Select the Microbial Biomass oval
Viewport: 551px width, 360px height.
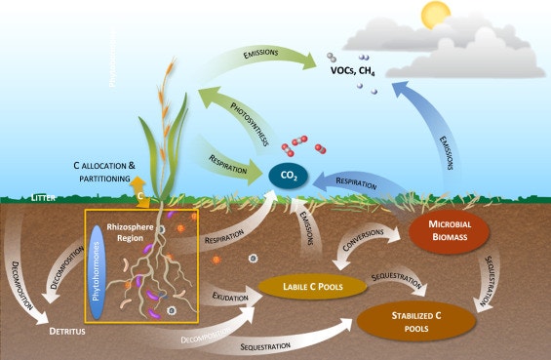click(x=449, y=230)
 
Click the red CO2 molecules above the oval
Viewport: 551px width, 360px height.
click(x=298, y=145)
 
